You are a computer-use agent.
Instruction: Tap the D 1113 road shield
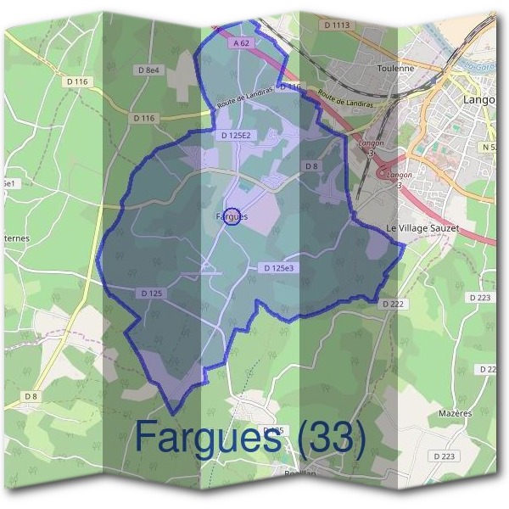coord(337,25)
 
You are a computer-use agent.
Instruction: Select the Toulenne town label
coord(395,67)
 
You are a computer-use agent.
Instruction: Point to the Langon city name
coord(478,99)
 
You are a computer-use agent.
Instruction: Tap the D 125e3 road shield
coord(278,268)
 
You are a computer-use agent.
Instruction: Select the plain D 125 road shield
coord(150,293)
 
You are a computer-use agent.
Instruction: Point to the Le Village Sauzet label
coord(422,228)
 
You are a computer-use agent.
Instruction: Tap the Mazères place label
coord(456,412)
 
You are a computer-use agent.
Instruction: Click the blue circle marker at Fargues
coord(235,215)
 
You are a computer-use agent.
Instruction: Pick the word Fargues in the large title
coord(209,439)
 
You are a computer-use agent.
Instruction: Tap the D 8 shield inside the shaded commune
coord(311,165)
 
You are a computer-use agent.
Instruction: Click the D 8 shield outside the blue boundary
coord(31,396)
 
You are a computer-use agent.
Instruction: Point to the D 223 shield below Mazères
coord(445,456)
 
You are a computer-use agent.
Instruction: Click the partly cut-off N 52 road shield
coord(489,147)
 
